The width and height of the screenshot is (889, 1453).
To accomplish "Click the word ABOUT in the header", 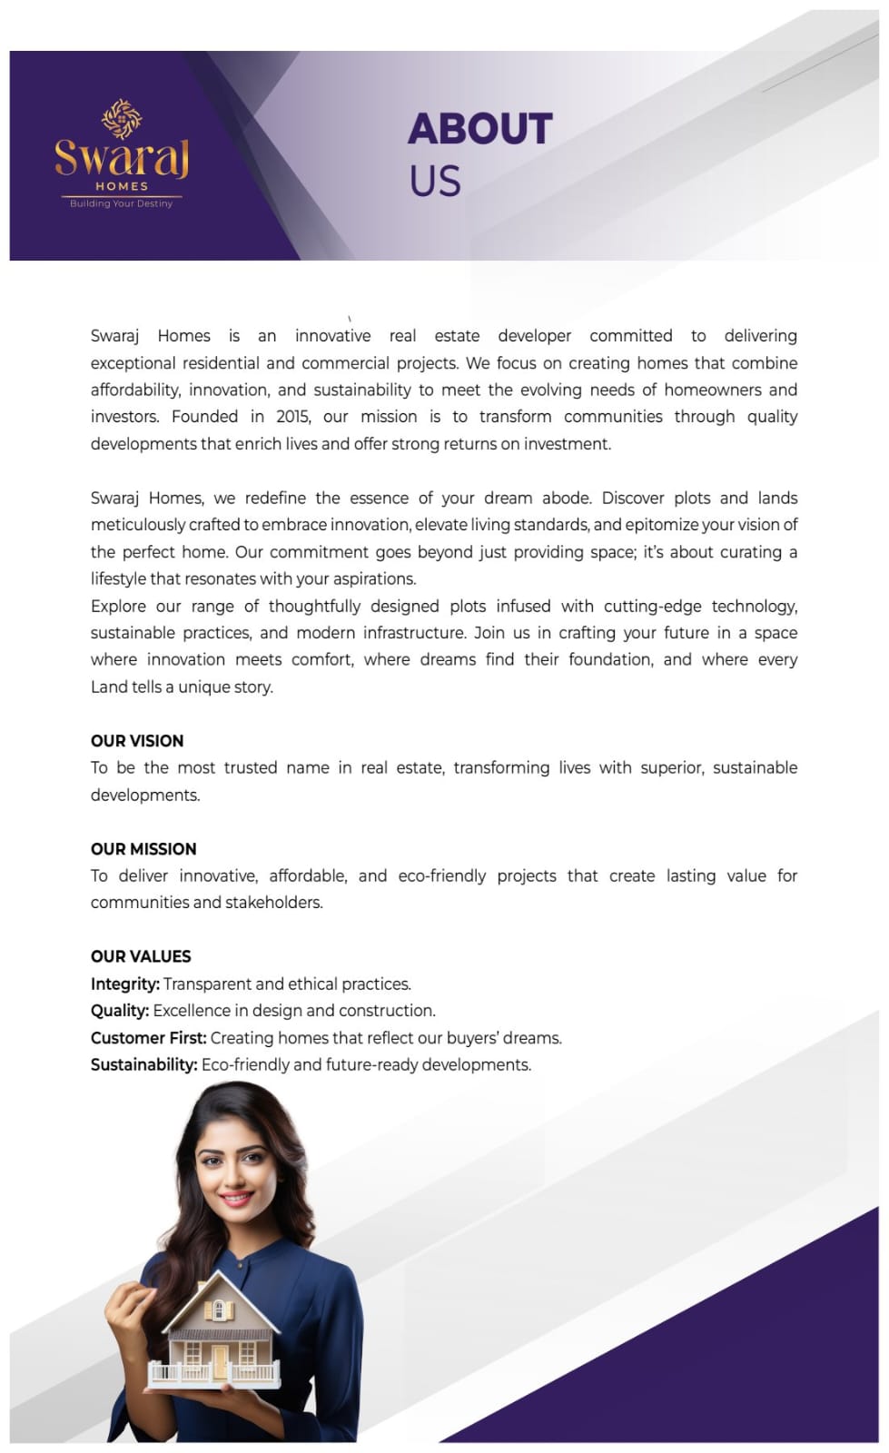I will click(x=479, y=129).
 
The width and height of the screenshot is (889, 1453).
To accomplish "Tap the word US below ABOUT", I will click(x=435, y=182).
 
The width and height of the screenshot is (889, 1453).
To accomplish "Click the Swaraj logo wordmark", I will click(x=122, y=158).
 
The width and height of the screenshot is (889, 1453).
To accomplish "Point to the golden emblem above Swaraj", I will click(x=122, y=118).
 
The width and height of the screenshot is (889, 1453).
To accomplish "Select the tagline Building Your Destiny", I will click(x=122, y=203).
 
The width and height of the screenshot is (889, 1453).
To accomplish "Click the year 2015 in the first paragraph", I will click(x=292, y=417).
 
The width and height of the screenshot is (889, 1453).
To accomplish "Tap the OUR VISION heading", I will click(x=137, y=741).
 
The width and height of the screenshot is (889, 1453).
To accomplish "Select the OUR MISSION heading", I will click(x=143, y=849).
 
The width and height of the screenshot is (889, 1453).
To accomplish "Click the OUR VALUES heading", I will click(x=141, y=956).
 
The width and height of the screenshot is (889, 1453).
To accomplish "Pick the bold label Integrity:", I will click(x=125, y=983).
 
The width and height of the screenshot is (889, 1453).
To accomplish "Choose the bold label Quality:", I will click(x=120, y=1011).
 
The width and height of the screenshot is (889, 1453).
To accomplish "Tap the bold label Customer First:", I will click(x=149, y=1038).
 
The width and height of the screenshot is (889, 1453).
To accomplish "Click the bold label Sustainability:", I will click(x=144, y=1064).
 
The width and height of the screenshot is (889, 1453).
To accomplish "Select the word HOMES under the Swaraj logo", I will click(x=122, y=186).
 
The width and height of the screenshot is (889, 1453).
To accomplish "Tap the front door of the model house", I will click(x=220, y=1359).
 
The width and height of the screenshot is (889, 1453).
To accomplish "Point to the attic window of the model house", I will click(x=218, y=1310).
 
